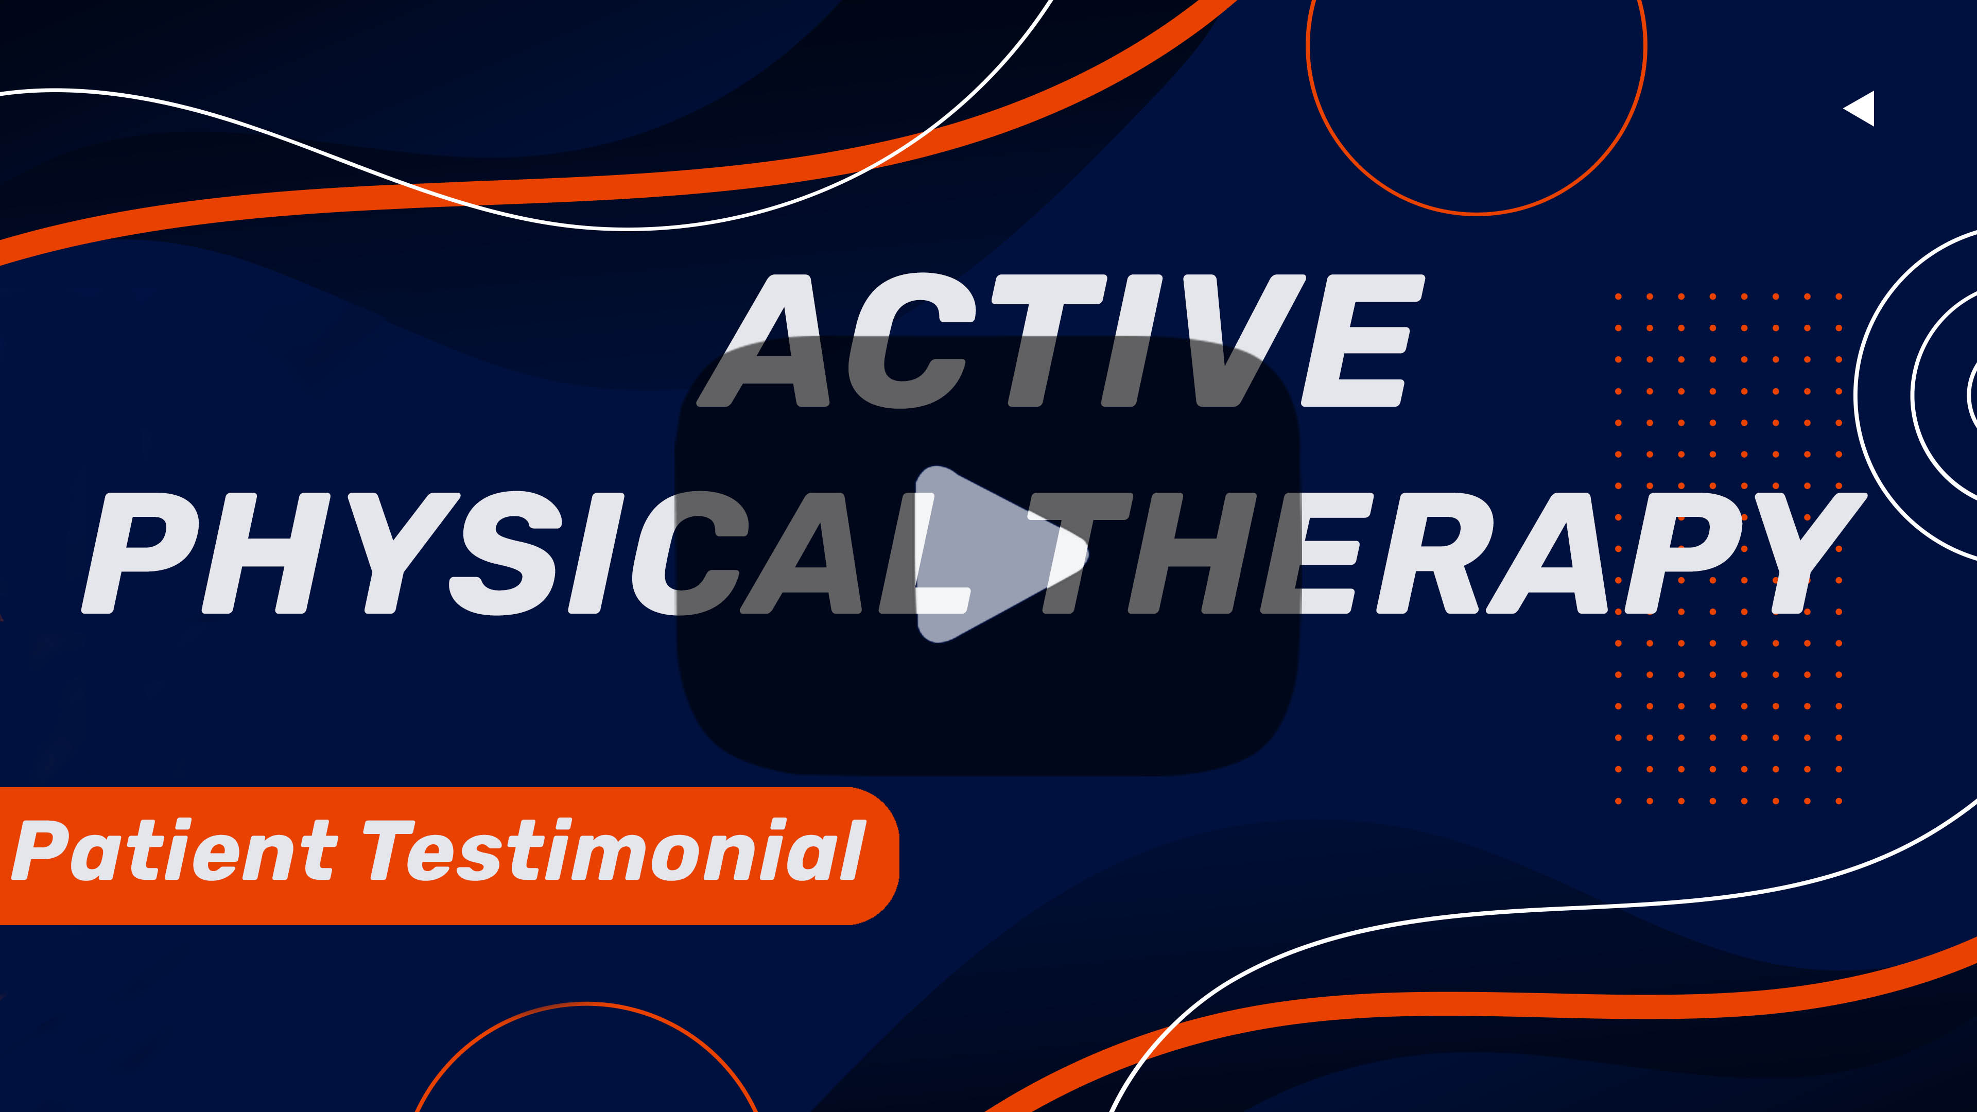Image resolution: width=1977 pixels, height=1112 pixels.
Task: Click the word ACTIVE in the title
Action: point(1061,340)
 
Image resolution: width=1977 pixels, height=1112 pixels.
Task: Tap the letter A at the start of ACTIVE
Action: point(764,340)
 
